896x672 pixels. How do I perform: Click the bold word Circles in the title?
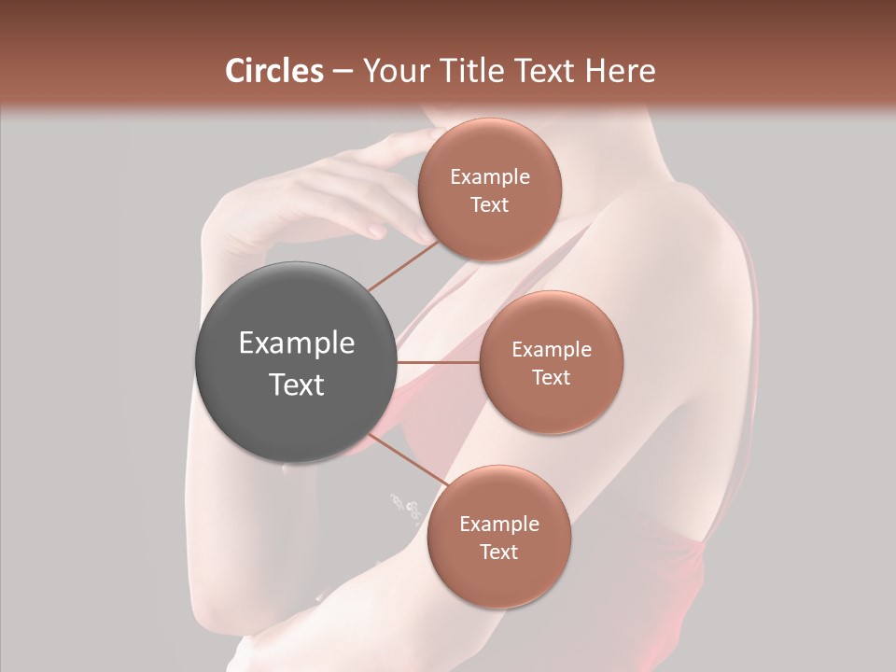click(274, 71)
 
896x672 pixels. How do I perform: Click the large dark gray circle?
click(296, 362)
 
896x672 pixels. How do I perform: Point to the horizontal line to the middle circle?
click(439, 362)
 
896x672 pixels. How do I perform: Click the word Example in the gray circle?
click(297, 343)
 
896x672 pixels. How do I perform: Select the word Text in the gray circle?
click(297, 385)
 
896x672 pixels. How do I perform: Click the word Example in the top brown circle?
click(490, 177)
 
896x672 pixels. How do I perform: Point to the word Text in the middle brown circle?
click(551, 378)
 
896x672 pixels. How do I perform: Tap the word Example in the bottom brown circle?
click(499, 525)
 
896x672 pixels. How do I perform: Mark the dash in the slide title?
click(343, 72)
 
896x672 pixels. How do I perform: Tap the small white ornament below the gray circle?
click(407, 507)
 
